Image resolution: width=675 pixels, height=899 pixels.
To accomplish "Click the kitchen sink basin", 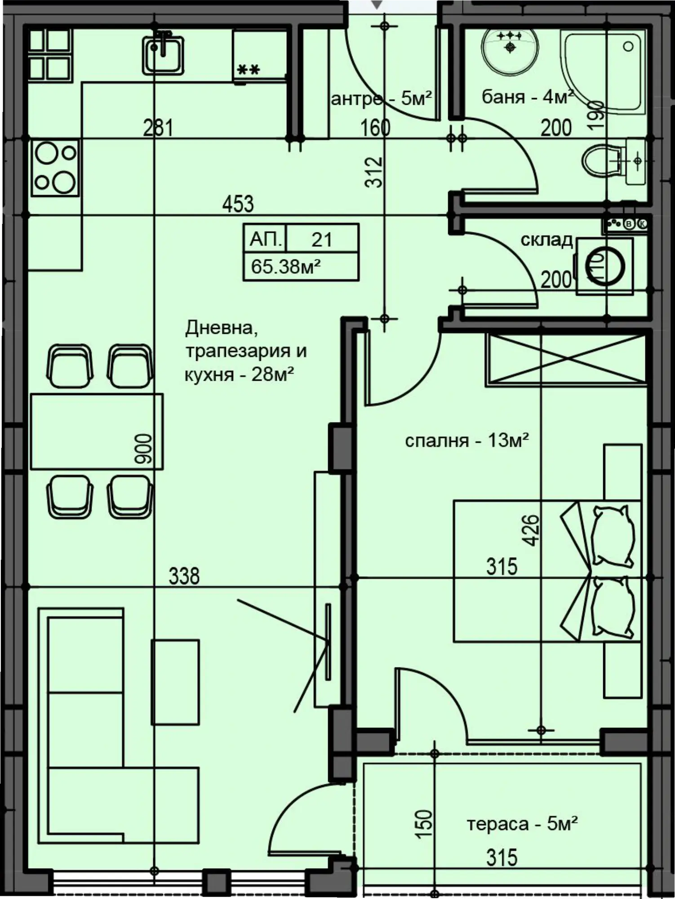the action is click(163, 54).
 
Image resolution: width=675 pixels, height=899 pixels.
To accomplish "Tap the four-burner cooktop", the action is click(55, 168).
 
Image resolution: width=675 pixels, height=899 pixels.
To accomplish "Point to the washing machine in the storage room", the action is click(605, 266).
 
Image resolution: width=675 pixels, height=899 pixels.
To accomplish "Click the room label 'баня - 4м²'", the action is click(528, 97).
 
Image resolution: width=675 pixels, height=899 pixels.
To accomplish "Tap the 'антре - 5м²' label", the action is click(382, 98).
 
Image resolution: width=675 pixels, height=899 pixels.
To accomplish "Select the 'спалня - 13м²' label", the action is click(467, 441).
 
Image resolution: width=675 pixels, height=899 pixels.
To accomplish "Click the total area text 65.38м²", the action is click(286, 267).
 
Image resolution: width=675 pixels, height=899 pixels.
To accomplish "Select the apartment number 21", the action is click(322, 240).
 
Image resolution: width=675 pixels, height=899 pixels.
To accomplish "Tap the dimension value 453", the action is click(238, 204).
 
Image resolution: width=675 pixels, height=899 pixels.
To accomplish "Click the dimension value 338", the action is click(184, 576).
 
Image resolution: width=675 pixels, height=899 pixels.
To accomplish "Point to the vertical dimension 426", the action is click(531, 530).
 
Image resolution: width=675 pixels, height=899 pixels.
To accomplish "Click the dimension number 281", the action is click(158, 128).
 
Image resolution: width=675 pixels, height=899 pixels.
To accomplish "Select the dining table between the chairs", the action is click(97, 432).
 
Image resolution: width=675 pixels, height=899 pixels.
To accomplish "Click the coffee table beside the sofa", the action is click(175, 682).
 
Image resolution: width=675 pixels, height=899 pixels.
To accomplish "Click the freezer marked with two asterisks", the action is click(260, 55).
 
